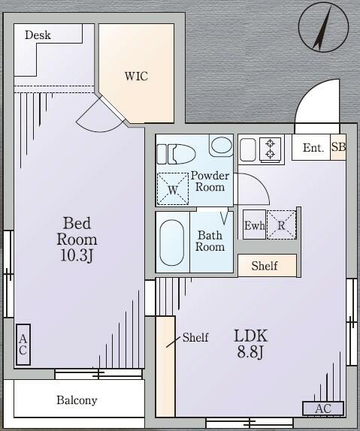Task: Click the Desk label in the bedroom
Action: [x=37, y=35]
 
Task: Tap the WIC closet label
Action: [x=137, y=77]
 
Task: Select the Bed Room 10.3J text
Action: [x=77, y=240]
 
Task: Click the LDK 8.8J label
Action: [x=251, y=343]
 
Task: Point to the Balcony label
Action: [x=77, y=400]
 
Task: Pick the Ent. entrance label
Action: [x=313, y=148]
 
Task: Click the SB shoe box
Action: [x=338, y=147]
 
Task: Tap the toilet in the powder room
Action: [x=174, y=153]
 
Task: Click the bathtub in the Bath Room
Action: [x=172, y=242]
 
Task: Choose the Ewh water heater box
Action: [x=253, y=225]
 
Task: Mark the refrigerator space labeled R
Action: [x=281, y=225]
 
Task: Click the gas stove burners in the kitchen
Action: [x=269, y=149]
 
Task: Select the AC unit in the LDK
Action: [x=323, y=408]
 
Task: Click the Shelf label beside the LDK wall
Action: [x=195, y=338]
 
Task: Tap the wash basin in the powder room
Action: [x=221, y=145]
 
